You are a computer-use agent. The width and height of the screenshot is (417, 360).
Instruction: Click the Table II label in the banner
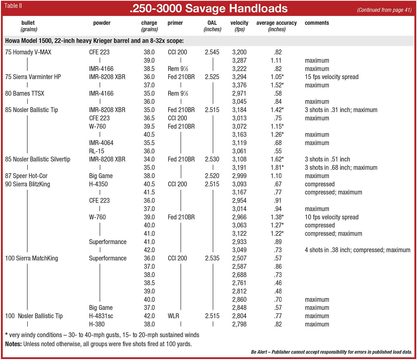click(x=13, y=6)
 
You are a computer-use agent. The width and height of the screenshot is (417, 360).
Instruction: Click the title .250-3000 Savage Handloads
click(x=208, y=8)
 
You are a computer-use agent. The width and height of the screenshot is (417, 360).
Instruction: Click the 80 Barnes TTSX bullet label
click(x=25, y=93)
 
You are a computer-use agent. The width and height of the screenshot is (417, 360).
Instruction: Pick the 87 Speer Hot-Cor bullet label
click(x=26, y=176)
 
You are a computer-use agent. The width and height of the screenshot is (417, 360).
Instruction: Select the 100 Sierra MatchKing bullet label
click(x=32, y=258)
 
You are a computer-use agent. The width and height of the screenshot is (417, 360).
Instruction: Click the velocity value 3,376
click(x=239, y=85)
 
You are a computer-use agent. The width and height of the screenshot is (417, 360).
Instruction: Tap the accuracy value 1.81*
click(x=277, y=168)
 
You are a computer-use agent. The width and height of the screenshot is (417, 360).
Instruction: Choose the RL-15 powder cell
click(x=96, y=151)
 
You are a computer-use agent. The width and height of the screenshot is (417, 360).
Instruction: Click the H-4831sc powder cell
click(x=101, y=316)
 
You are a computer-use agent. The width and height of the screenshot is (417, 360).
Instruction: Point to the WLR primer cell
click(x=173, y=316)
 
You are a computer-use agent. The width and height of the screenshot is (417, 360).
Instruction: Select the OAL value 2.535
click(x=212, y=258)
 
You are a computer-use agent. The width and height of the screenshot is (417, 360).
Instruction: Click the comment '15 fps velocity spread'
click(x=331, y=77)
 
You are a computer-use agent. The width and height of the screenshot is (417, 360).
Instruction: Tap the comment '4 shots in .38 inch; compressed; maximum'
click(x=357, y=250)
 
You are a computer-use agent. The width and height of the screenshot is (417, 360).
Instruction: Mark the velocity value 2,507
click(x=239, y=258)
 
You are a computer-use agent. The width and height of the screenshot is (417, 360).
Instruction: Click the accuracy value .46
click(x=278, y=283)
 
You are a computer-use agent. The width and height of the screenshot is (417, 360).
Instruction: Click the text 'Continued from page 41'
click(x=384, y=10)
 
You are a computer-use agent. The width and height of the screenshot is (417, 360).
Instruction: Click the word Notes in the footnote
click(x=13, y=344)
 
